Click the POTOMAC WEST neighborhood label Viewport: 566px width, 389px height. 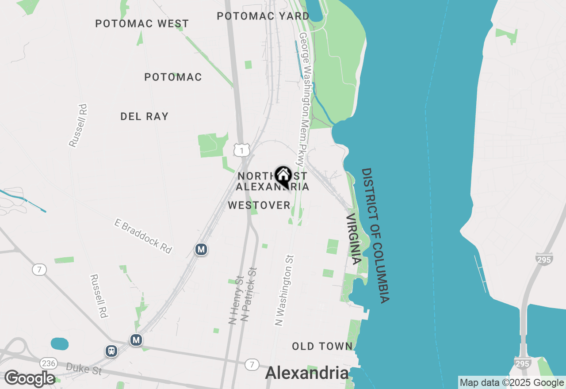click(142, 23)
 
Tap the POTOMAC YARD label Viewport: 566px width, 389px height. click(263, 16)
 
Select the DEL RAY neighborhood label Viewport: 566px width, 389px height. click(144, 116)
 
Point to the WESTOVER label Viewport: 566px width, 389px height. click(259, 205)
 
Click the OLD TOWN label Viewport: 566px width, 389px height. click(322, 346)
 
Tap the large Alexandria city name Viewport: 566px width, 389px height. click(306, 373)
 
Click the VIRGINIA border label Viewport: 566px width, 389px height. click(354, 239)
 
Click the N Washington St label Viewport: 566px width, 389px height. click(285, 290)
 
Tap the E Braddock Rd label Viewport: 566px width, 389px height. click(143, 235)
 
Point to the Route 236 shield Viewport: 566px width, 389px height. click(48, 363)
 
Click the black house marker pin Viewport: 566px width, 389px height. click(283, 176)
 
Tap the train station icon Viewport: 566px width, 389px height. click(111, 351)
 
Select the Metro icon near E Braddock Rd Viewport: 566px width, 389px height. click(201, 249)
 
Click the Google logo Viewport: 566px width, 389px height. click(30, 379)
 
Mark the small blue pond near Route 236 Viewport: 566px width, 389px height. click(60, 343)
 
